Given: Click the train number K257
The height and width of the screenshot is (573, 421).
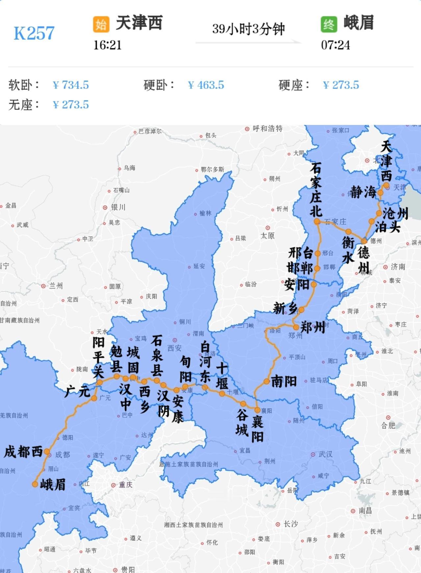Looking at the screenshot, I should pyautogui.click(x=34, y=33).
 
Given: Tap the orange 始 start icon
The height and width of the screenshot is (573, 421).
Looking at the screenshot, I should pyautogui.click(x=101, y=24).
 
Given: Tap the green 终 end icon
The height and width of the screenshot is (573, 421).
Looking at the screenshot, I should pyautogui.click(x=329, y=24).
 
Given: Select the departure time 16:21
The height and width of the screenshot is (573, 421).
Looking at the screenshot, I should pyautogui.click(x=108, y=45).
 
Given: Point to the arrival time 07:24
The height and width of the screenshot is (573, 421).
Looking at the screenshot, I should pyautogui.click(x=335, y=45).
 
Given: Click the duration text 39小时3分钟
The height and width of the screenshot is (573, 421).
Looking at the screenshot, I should pyautogui.click(x=248, y=29).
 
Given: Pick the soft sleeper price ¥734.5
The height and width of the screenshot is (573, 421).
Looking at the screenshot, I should pyautogui.click(x=71, y=85).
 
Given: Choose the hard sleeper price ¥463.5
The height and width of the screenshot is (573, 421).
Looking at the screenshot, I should pyautogui.click(x=206, y=85).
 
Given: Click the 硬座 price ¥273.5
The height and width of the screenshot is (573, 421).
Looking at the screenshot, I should pyautogui.click(x=341, y=85).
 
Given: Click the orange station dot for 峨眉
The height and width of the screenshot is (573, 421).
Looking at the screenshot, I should pyautogui.click(x=35, y=484).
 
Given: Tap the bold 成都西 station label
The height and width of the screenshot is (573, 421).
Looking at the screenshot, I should pyautogui.click(x=23, y=452).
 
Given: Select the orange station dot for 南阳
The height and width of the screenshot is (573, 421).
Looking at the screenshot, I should pyautogui.click(x=266, y=381).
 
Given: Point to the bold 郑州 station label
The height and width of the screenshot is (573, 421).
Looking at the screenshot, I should pyautogui.click(x=313, y=327).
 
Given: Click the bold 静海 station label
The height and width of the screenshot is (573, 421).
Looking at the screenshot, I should pyautogui.click(x=363, y=192).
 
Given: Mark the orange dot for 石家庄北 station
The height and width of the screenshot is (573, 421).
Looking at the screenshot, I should pyautogui.click(x=317, y=221).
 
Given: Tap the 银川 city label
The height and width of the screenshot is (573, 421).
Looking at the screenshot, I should pyautogui.click(x=118, y=207).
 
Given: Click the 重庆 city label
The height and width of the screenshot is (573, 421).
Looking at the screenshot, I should pyautogui.click(x=125, y=485).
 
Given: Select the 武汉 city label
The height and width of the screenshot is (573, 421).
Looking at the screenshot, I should pyautogui.click(x=325, y=454).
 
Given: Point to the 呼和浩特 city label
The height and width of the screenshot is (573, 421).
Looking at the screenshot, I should pyautogui.click(x=267, y=128).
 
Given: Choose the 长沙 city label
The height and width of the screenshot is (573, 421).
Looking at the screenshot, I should pyautogui.click(x=290, y=524).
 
